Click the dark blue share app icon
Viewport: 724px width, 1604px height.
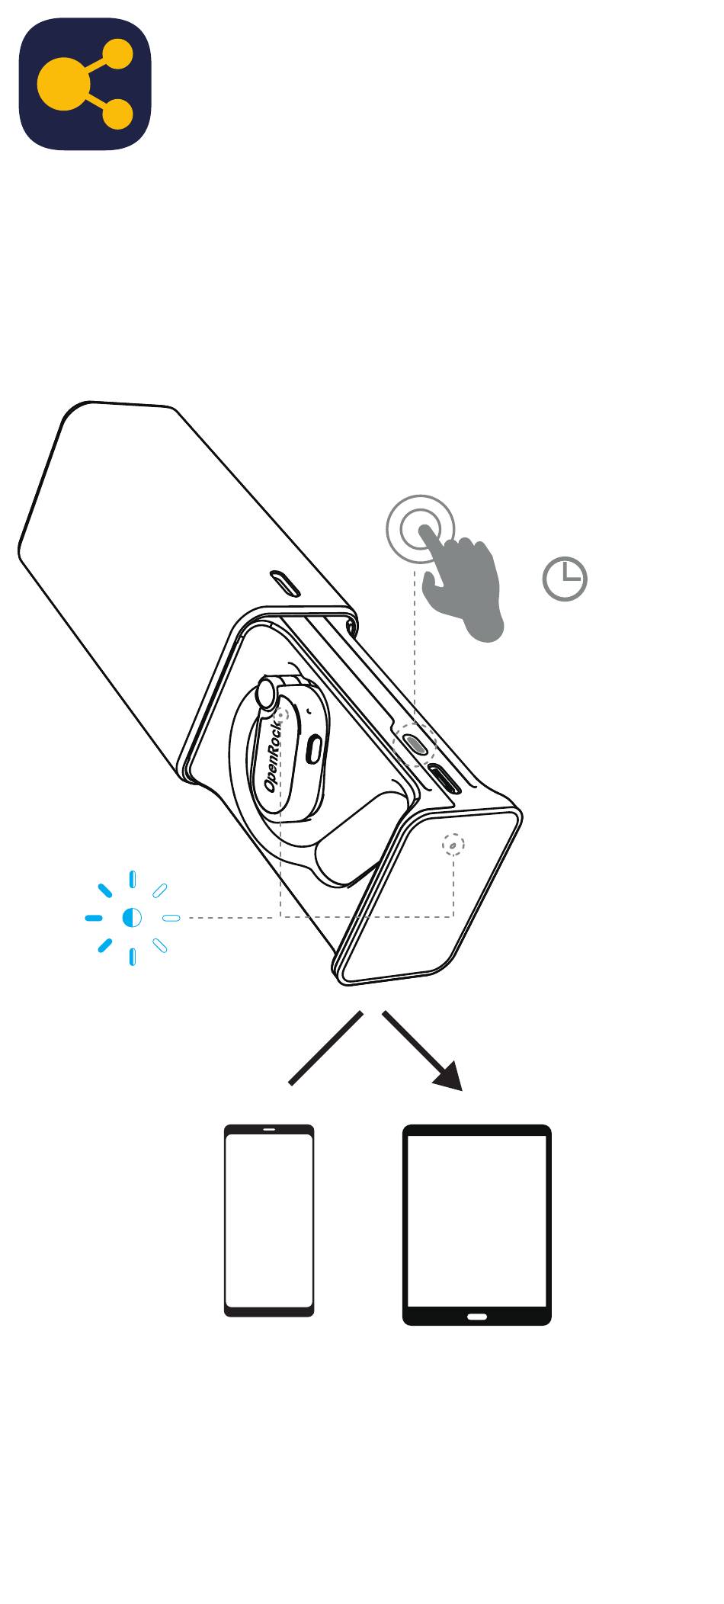(x=85, y=84)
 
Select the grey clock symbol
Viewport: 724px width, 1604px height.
(x=565, y=579)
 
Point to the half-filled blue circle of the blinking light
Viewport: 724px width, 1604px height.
(x=132, y=917)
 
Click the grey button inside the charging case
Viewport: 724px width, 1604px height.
(x=415, y=744)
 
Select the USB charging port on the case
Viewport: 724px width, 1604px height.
(x=444, y=780)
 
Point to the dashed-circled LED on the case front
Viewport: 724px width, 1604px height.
(x=453, y=845)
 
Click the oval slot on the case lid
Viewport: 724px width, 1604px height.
(x=287, y=585)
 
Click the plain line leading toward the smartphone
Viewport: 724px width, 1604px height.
(x=325, y=1047)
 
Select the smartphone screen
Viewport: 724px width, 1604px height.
(x=269, y=1221)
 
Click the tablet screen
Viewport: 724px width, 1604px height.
(x=476, y=1221)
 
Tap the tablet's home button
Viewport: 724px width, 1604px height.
(x=476, y=1316)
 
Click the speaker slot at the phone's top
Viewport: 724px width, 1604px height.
(x=269, y=1129)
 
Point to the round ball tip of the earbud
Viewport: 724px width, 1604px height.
(x=267, y=693)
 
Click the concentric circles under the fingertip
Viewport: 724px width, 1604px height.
(x=420, y=528)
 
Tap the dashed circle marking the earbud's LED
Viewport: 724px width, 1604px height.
(x=281, y=716)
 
